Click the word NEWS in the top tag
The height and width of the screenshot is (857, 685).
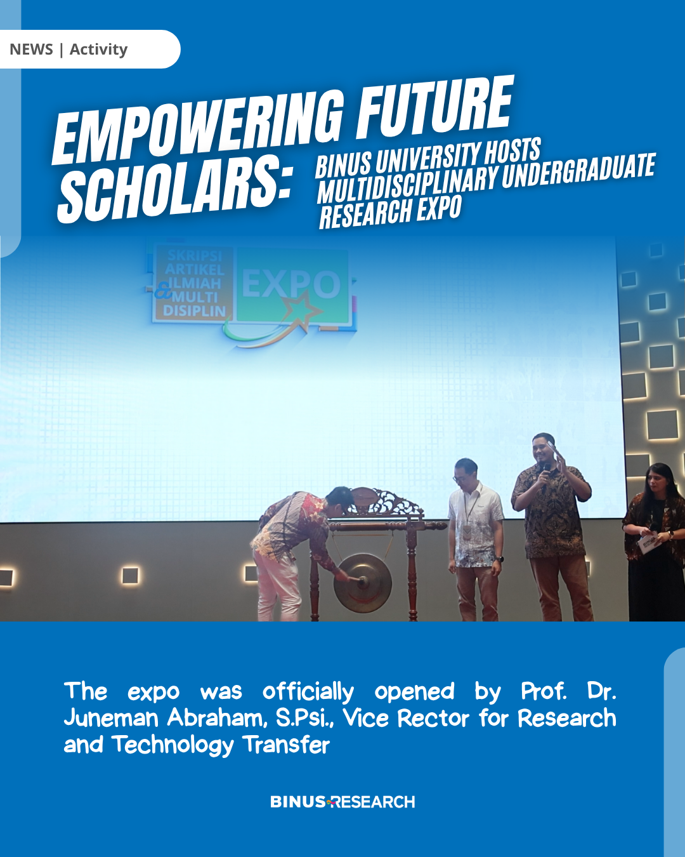[x=31, y=50]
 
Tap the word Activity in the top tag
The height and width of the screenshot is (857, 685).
[x=98, y=50]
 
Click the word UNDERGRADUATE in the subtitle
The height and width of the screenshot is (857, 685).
[x=578, y=172]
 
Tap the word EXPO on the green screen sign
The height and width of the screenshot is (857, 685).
[x=291, y=285]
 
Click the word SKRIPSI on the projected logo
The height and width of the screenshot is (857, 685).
[x=194, y=256]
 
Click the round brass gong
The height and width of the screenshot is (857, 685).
[x=362, y=583]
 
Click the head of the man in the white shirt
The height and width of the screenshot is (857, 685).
[x=466, y=471]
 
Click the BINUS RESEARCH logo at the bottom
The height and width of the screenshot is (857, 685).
[x=342, y=802]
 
